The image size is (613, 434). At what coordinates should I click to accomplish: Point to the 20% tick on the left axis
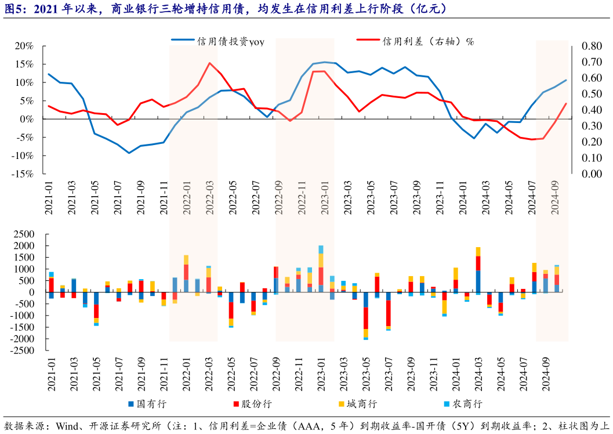24,46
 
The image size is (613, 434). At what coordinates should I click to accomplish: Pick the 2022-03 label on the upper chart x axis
210,198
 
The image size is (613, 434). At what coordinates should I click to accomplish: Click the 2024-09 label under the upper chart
554,198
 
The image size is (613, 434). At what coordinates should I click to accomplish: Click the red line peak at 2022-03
209,63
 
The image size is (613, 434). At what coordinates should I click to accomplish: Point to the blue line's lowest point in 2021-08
129,153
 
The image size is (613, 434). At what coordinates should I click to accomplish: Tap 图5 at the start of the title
13,9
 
